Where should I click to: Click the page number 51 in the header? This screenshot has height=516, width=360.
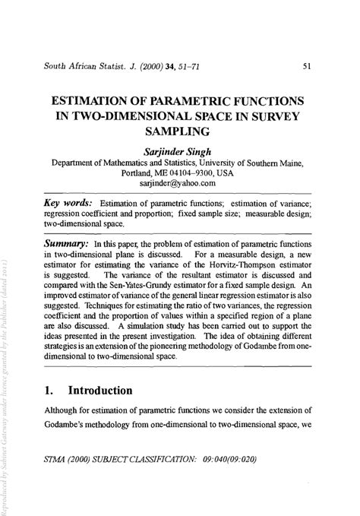click(x=306, y=66)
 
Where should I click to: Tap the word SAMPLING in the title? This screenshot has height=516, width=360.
click(x=180, y=131)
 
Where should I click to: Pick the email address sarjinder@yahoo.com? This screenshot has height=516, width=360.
click(x=179, y=183)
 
